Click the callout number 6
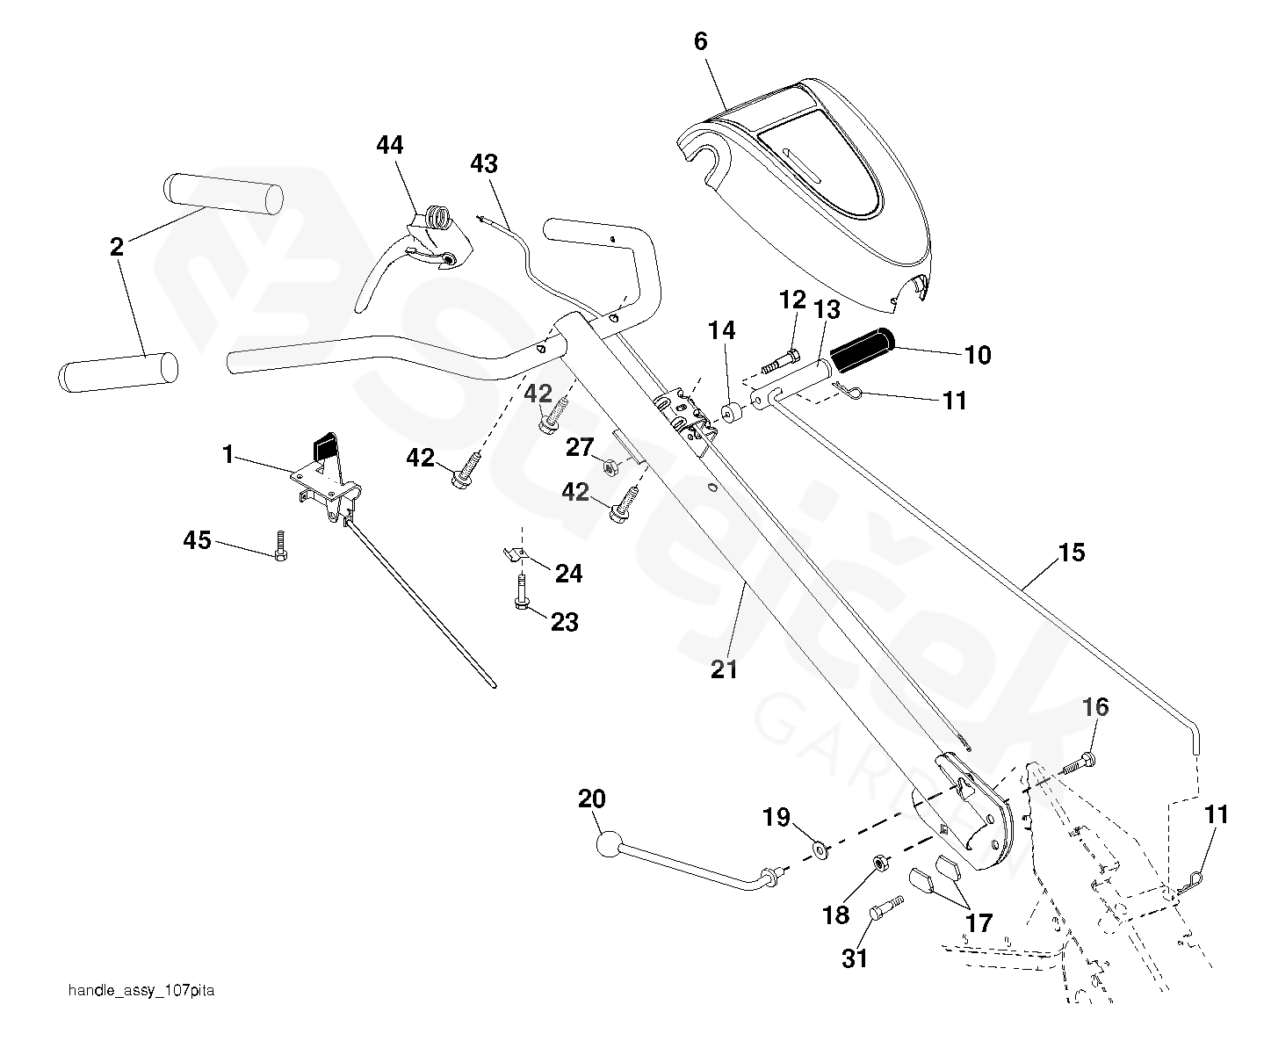click(x=700, y=41)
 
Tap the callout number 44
click(x=390, y=145)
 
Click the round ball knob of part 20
click(x=608, y=845)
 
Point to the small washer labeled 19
click(x=821, y=849)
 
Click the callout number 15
click(x=1072, y=553)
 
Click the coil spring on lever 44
click(x=439, y=216)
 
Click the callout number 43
click(x=483, y=164)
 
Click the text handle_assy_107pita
click(x=141, y=991)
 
